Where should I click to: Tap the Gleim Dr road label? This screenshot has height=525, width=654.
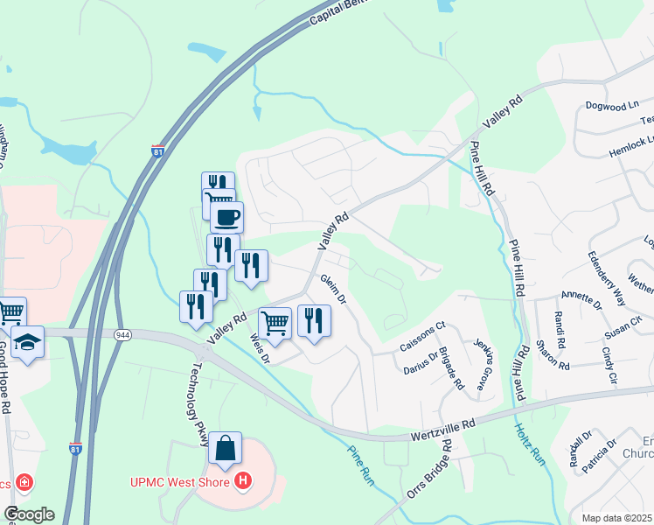click(x=335, y=290)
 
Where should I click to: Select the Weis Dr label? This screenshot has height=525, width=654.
click(x=260, y=346)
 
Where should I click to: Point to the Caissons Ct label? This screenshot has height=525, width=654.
click(x=422, y=336)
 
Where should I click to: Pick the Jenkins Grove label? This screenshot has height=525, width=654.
click(x=480, y=364)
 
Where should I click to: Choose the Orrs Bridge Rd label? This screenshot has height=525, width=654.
click(x=429, y=469)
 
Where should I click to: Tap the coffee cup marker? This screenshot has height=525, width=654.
click(x=226, y=216)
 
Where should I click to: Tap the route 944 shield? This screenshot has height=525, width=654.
click(x=122, y=334)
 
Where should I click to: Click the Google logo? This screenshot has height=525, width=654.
click(x=29, y=514)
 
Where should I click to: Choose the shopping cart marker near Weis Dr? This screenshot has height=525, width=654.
click(x=275, y=324)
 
